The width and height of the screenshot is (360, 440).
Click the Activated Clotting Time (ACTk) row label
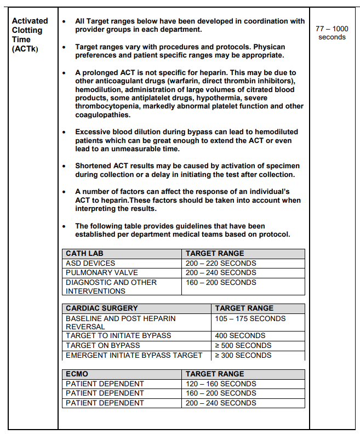click(30, 35)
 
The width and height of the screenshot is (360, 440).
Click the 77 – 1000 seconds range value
click(332, 32)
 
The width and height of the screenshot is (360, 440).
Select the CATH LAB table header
click(84, 254)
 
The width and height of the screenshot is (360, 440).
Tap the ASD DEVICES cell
click(90, 263)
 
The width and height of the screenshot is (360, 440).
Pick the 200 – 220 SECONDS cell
click(221, 263)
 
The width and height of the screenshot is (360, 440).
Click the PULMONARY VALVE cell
click(101, 272)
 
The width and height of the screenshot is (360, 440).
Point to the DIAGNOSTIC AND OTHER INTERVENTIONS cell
click(111, 287)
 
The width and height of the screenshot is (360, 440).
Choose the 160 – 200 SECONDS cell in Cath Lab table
click(221, 282)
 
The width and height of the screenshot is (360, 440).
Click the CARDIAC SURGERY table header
click(101, 308)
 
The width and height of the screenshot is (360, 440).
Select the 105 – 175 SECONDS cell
click(250, 318)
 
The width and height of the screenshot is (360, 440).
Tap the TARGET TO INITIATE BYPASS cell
click(118, 335)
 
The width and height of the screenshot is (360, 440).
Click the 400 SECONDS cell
click(239, 335)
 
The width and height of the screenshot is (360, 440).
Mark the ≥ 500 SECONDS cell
click(243, 345)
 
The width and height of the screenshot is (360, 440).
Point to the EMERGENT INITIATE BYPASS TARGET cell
click(134, 355)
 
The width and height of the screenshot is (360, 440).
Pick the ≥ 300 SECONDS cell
click(243, 355)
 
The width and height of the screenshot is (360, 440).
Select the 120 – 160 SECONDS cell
click(221, 384)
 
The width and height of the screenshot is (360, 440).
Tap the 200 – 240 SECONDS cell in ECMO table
click(221, 403)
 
